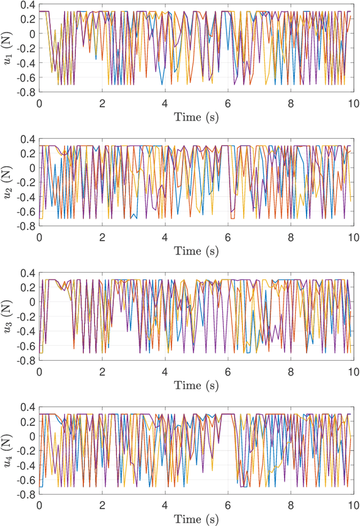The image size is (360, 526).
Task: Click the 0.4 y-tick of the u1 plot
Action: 27,5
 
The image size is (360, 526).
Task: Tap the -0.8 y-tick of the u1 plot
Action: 25,91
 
